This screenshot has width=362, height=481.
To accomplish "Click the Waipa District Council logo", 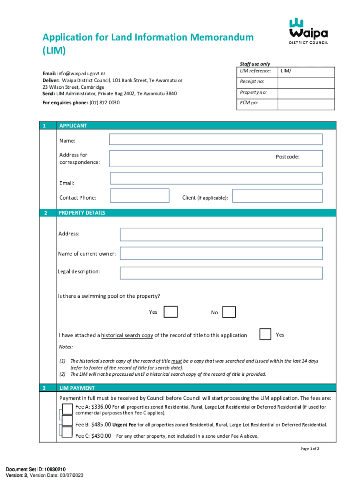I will tap(308, 31).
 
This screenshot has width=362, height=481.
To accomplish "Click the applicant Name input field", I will tap(215, 140).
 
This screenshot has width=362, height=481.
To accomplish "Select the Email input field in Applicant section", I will tap(216, 178).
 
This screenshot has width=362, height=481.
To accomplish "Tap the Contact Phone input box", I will tap(139, 196).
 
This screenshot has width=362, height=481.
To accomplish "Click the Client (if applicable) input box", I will tap(277, 196).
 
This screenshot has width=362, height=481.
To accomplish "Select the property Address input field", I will tap(221, 234).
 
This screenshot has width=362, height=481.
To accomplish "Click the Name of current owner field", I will tap(221, 254).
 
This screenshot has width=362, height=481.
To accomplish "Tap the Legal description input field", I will tap(221, 273).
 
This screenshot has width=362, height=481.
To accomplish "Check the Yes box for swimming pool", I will tap(171, 312).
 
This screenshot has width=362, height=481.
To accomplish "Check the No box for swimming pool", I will tap(229, 312).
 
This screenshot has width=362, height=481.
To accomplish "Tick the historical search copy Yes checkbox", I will tap(265, 334).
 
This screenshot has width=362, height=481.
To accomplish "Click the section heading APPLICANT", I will tap(73, 126).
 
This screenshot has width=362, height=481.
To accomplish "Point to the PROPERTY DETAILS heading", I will tap(82, 213).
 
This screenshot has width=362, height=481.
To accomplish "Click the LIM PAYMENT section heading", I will tap(77, 388).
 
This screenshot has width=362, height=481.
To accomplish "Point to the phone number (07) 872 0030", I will tap(104, 102).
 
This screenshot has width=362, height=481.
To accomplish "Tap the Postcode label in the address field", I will tap(287, 157).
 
